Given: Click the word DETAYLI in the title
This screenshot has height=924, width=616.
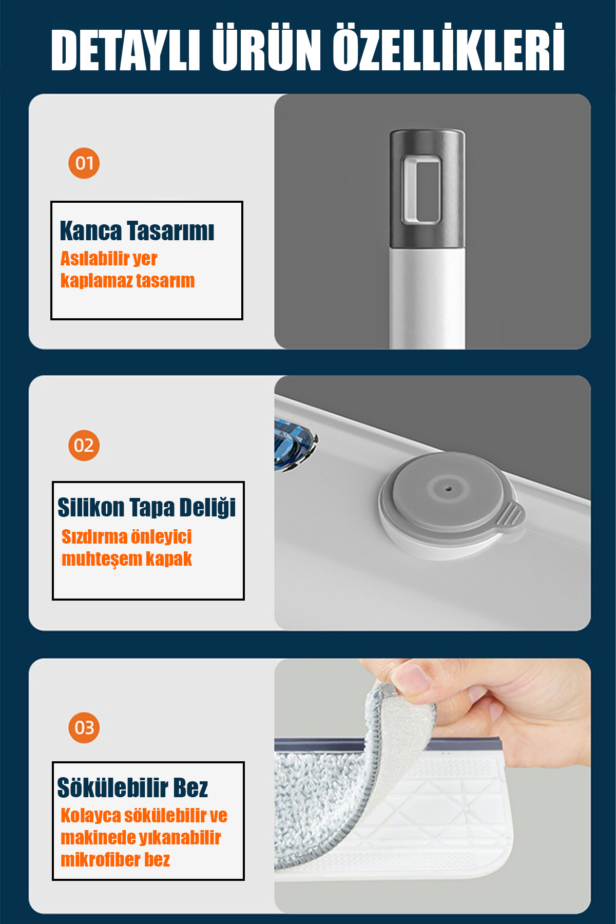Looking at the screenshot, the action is point(125,50).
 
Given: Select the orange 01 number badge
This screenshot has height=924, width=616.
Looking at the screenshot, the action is point(84,164).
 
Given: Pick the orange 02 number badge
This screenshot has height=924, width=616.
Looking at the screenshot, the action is point(84,446).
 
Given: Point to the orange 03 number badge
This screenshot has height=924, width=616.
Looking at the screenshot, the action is point(84,728).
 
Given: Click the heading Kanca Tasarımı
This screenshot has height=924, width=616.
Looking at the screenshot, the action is point(137,231).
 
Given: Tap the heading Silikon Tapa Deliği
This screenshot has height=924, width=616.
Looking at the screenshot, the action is point(146,508).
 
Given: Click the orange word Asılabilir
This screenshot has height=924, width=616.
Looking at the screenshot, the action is point(95,258).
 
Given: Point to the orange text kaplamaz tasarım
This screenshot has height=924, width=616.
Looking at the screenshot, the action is point(127,281).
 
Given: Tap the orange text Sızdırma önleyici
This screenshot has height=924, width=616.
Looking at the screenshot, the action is point(126,537).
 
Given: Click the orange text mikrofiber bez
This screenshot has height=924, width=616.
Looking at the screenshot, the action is point(115,860).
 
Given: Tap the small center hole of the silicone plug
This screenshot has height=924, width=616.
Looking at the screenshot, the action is point(449,488).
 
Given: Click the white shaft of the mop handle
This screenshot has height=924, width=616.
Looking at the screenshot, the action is point(427,298).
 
